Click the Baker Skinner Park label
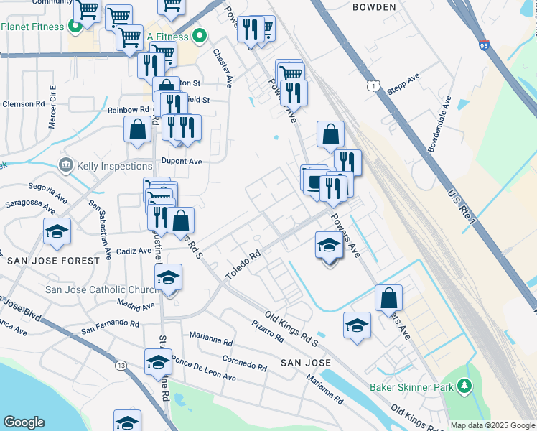[x=411, y=387]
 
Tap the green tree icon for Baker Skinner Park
[x=464, y=387]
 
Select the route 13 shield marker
[x=120, y=366]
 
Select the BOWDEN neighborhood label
[x=374, y=7]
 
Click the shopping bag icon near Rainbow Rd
[x=137, y=130]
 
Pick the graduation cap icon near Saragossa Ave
[x=57, y=232]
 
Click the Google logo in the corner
[x=24, y=422]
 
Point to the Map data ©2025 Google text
[x=492, y=425]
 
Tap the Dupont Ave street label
[x=182, y=162]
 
